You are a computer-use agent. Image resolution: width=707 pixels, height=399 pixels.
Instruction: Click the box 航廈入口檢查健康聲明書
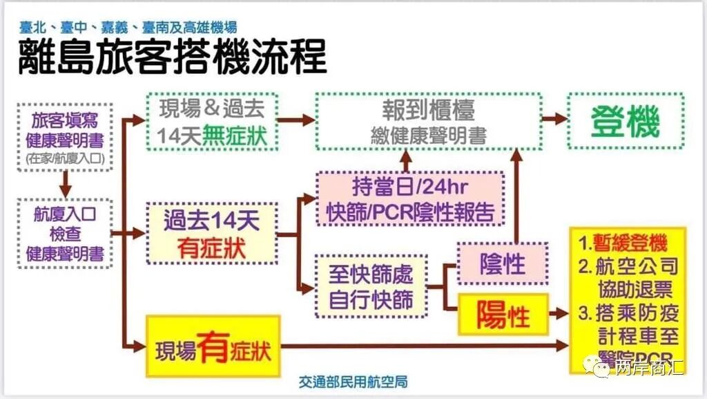click(66, 233)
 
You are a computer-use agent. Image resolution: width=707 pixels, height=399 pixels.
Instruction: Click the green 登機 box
click(626, 122)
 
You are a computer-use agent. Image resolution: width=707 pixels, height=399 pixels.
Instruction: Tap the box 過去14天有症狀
click(212, 234)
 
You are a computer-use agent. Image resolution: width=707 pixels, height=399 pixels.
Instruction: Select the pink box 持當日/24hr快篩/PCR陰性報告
click(410, 199)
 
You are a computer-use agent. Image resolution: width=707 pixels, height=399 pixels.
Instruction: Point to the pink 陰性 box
click(503, 263)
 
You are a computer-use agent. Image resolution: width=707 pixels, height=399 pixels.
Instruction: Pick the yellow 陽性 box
click(503, 315)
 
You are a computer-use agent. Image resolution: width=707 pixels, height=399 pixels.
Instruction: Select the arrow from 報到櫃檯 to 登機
click(554, 119)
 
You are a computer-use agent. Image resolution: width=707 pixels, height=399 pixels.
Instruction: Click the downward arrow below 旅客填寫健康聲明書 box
click(66, 183)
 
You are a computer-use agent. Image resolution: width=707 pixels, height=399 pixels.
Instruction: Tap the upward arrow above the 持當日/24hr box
click(405, 161)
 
